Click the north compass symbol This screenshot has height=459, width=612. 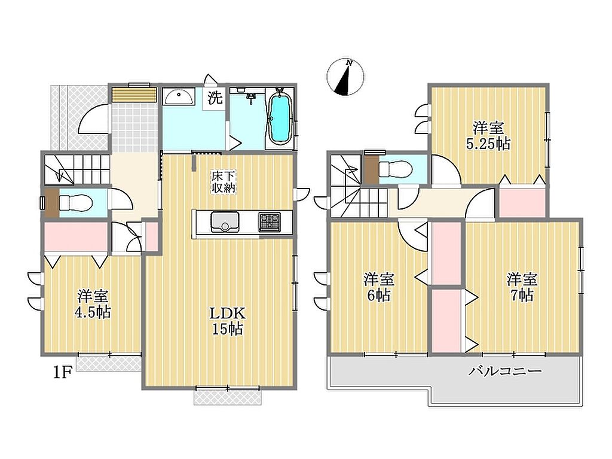[345, 77]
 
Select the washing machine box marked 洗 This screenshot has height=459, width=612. [215, 98]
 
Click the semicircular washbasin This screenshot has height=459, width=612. [178, 96]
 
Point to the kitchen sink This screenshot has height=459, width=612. [225, 221]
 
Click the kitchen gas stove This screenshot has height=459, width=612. [269, 221]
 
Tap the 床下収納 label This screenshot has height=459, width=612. [224, 181]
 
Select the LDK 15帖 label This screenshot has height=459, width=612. [228, 321]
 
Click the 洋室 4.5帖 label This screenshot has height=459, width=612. [93, 304]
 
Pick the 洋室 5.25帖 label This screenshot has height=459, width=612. [488, 136]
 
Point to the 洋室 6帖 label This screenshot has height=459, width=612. [378, 287]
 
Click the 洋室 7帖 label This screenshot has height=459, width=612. [522, 287]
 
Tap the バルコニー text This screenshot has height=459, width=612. [505, 370]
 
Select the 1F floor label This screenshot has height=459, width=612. [62, 373]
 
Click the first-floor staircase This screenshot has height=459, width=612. [77, 169]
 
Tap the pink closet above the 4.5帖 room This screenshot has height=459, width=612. [76, 236]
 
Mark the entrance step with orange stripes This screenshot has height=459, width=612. [134, 95]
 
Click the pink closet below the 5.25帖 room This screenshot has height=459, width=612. [522, 202]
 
